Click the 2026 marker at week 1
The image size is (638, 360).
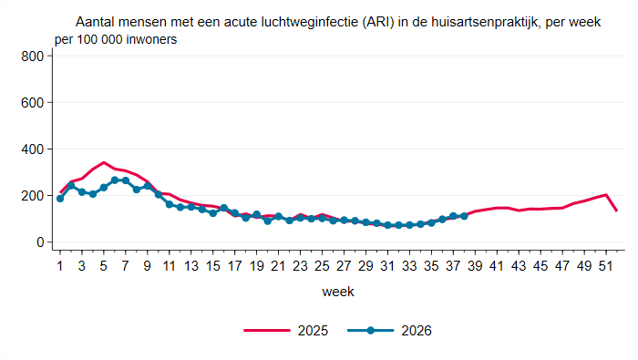tap(60, 199)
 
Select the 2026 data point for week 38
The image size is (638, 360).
tap(464, 216)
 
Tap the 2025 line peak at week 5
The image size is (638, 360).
tap(104, 162)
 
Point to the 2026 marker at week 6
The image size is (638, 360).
tap(115, 180)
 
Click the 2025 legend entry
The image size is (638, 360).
tap(286, 331)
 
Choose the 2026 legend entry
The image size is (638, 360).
tap(389, 331)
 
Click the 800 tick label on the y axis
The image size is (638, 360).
tap(32, 57)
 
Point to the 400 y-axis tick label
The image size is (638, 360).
tap(32, 149)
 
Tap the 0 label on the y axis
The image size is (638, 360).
tap(40, 242)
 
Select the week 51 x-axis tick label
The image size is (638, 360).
tap(606, 266)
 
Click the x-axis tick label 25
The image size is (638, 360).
tap(322, 266)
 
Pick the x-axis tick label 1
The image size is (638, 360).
tap(60, 266)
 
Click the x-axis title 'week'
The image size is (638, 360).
tap(338, 292)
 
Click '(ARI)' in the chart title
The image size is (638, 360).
tap(379, 22)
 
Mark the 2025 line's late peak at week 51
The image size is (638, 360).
tap(606, 194)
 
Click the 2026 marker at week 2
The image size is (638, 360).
tap(71, 186)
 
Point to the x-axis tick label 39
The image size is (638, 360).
tap(475, 266)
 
